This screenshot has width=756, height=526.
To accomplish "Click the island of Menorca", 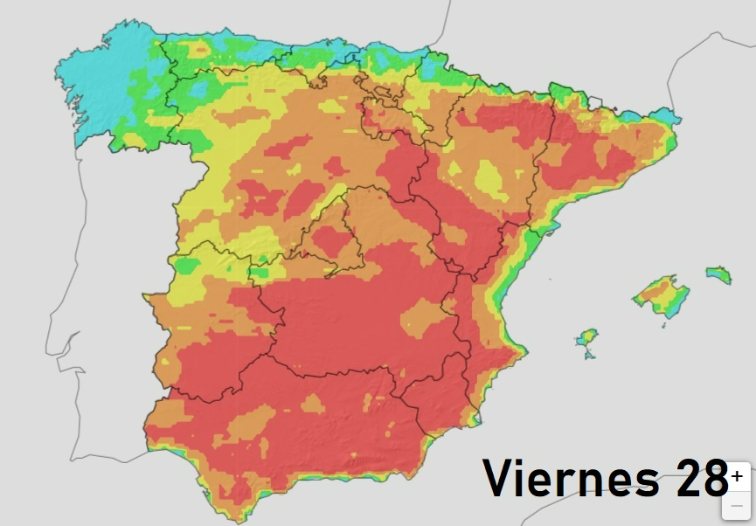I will tap(718, 274).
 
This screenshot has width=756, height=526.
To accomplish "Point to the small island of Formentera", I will tap(588, 355).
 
